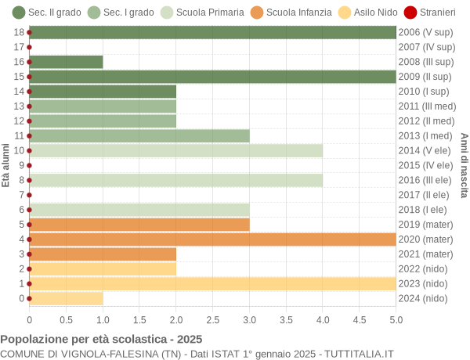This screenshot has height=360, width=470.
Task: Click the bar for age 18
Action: (212, 32)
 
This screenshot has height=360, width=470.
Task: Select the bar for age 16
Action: (66, 62)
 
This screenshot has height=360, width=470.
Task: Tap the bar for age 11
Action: (139, 135)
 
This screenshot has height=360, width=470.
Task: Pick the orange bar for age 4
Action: (212, 239)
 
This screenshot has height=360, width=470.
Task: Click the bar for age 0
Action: (66, 298)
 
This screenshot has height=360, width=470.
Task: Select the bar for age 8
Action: (175, 180)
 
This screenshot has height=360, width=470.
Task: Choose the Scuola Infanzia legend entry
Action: (291, 13)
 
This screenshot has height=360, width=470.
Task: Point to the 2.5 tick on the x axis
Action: (212, 319)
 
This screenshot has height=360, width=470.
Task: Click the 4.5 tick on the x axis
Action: (360, 319)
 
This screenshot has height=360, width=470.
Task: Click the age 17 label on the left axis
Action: (19, 47)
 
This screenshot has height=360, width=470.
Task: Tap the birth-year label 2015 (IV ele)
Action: (425, 165)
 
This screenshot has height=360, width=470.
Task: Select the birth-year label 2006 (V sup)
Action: (425, 32)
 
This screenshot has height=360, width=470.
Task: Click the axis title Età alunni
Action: (6, 165)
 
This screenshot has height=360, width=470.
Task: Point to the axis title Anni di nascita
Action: (464, 165)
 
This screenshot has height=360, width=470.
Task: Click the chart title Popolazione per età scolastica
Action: (101, 340)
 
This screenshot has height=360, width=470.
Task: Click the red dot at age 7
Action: (30, 195)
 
